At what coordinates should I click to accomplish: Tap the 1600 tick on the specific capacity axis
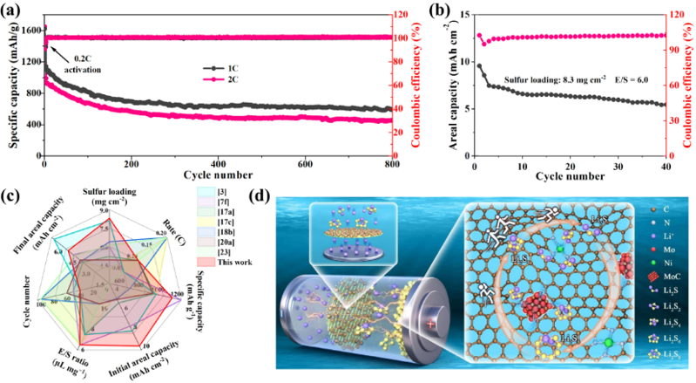30,30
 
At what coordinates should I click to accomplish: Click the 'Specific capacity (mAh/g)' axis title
10,87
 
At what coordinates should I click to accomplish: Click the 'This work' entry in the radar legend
235,260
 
